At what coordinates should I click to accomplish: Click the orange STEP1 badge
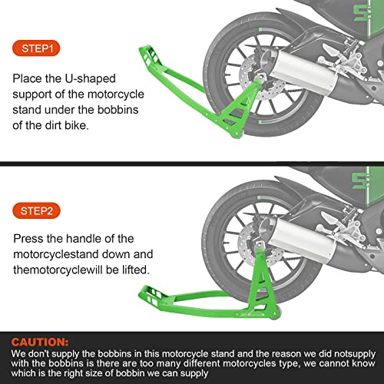tap(36, 48)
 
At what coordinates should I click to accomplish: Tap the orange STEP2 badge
tap(36, 210)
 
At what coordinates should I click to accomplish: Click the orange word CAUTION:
tap(40, 343)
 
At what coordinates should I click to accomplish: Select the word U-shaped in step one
tap(90, 79)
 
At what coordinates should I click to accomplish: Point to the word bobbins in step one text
tap(118, 110)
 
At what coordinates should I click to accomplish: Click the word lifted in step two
tap(136, 270)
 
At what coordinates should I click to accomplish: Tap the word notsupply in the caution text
tap(355, 354)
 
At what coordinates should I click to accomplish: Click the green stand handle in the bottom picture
tap(152, 296)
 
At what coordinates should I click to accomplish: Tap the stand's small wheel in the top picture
tap(237, 134)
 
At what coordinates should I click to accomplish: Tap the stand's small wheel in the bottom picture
tap(275, 315)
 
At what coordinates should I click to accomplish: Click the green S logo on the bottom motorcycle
tap(359, 180)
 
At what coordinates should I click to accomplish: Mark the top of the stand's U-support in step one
tap(260, 77)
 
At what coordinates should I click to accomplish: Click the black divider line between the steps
tap(192, 164)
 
